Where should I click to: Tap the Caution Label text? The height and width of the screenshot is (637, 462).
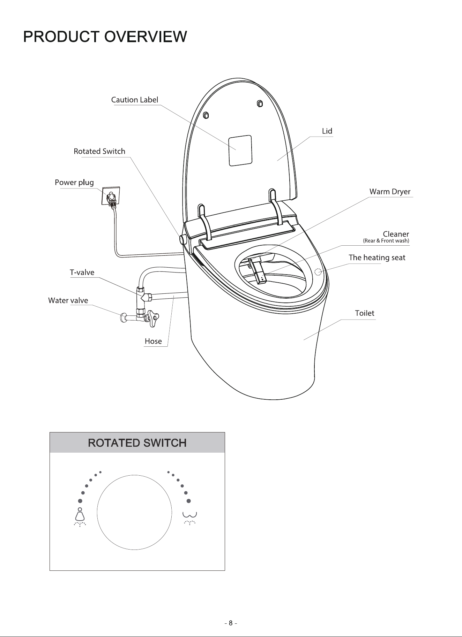click(x=135, y=100)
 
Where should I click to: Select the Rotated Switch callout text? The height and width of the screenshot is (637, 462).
click(x=99, y=151)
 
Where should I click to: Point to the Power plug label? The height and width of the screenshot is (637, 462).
click(x=74, y=183)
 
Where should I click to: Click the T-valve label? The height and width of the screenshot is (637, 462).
click(x=82, y=273)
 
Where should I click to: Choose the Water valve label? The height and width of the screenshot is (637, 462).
click(x=68, y=300)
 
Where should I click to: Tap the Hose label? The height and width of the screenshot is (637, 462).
click(x=153, y=341)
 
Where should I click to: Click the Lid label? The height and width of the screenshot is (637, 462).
click(x=327, y=131)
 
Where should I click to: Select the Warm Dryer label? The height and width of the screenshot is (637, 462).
click(x=390, y=192)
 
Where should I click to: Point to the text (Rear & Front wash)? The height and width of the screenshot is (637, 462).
click(x=386, y=241)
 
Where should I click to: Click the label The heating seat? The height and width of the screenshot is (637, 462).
click(x=377, y=258)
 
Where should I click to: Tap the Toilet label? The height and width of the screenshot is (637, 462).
click(x=365, y=313)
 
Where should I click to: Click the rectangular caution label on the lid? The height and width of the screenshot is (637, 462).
click(x=240, y=151)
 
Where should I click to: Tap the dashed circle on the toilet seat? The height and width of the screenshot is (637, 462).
click(x=318, y=272)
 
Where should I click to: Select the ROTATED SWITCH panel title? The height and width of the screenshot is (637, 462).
click(x=137, y=443)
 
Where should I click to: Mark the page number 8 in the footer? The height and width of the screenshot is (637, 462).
click(x=231, y=623)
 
